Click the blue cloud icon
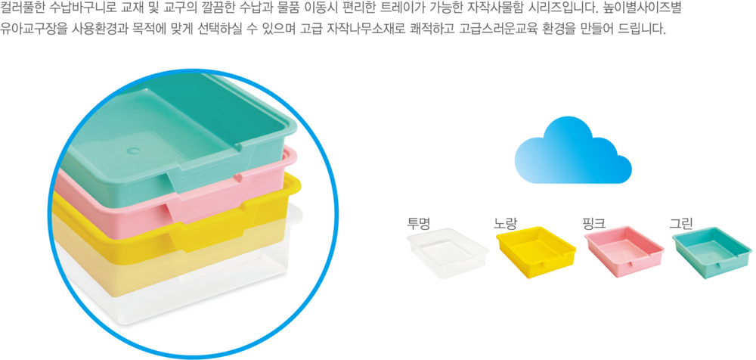point(573,153)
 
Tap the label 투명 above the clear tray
point(418,223)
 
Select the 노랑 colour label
point(505,223)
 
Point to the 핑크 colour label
point(594,223)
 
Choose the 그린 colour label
point(681,223)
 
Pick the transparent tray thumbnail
point(446,253)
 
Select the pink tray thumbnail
point(624,252)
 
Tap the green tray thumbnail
point(711,252)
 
